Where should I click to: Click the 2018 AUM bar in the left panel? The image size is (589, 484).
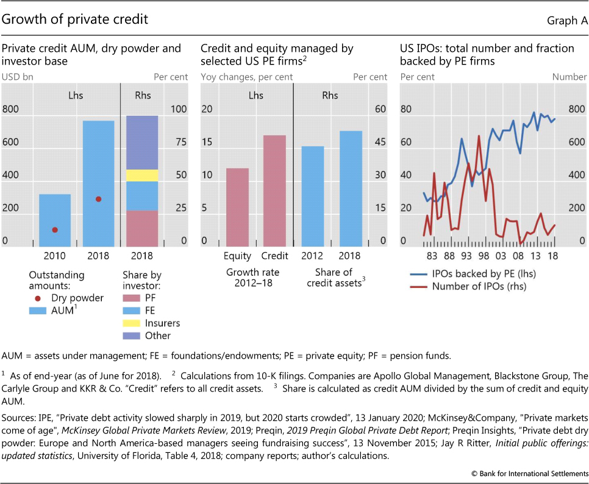pyautogui.click(x=99, y=183)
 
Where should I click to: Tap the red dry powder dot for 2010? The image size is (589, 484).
pyautogui.click(x=55, y=230)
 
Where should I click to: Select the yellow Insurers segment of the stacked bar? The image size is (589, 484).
pyautogui.click(x=142, y=175)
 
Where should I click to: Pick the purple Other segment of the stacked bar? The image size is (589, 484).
pyautogui.click(x=142, y=142)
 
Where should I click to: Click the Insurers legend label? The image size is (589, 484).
pyautogui.click(x=163, y=323)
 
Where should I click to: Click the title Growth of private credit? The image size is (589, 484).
pyautogui.click(x=75, y=19)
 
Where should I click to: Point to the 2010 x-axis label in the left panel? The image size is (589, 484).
pyautogui.click(x=55, y=256)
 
